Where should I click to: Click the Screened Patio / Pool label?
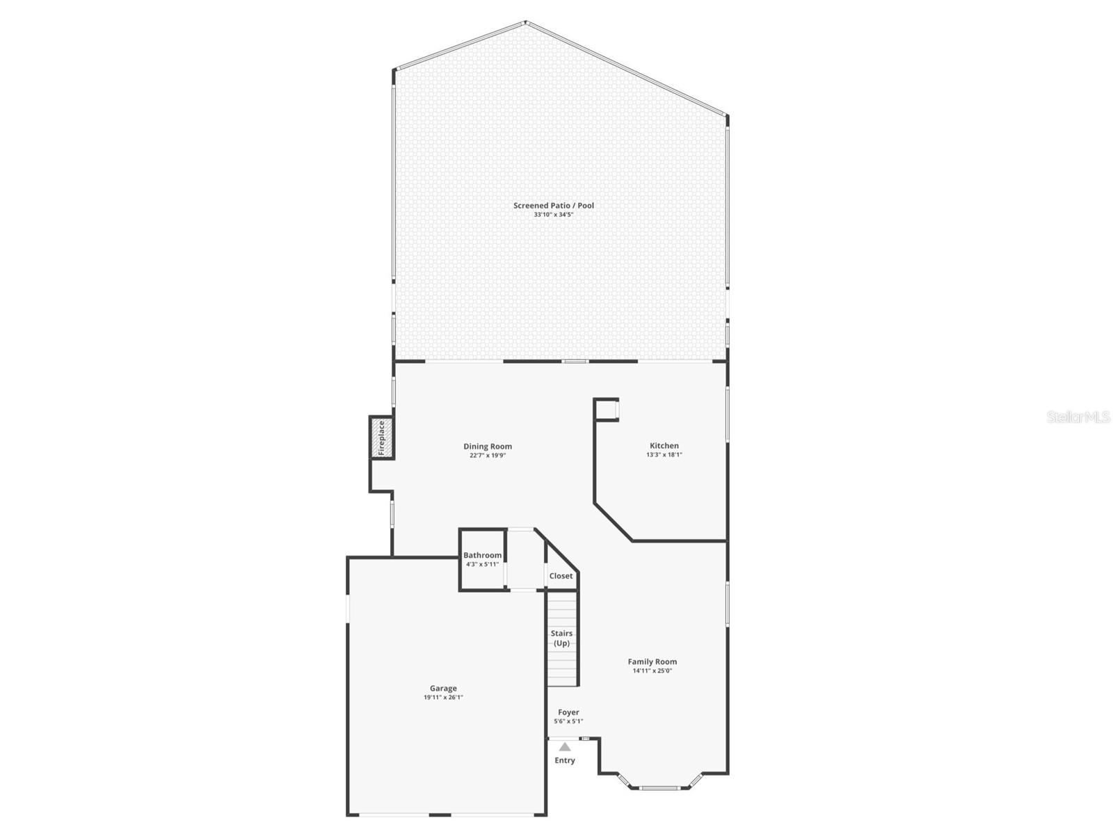click(x=554, y=205)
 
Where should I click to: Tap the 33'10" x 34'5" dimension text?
click(x=554, y=215)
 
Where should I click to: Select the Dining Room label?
click(x=488, y=447)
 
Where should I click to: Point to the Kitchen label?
click(x=664, y=446)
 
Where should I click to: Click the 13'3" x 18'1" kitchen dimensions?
click(x=664, y=455)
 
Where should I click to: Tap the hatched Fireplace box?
click(x=381, y=438)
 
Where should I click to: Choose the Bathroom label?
click(x=482, y=555)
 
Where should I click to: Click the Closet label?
click(x=561, y=576)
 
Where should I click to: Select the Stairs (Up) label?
click(x=561, y=638)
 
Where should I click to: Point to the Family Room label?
click(x=652, y=661)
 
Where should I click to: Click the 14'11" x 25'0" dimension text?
click(x=652, y=671)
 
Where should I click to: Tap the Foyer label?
click(x=568, y=712)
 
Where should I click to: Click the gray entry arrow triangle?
click(x=565, y=747)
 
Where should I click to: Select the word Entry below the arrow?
click(x=565, y=760)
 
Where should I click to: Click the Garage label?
click(x=443, y=688)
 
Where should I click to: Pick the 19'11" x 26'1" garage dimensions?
click(x=443, y=697)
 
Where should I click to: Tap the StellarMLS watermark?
click(x=1078, y=417)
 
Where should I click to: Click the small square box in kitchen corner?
click(x=607, y=410)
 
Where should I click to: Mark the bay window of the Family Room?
click(x=659, y=787)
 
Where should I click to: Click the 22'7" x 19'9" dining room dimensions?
click(x=488, y=456)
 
